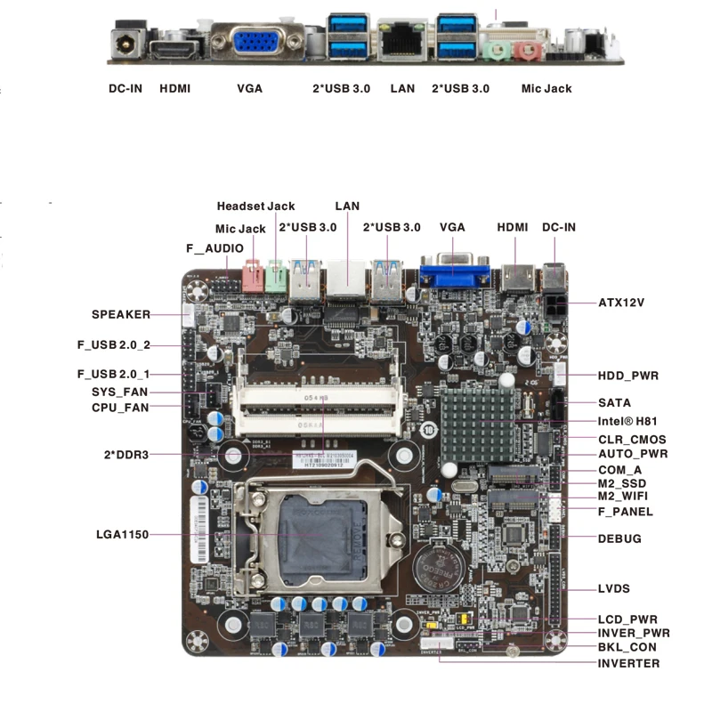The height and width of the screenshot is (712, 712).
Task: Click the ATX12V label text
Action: (621, 303)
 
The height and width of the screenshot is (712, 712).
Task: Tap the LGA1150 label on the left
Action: (122, 535)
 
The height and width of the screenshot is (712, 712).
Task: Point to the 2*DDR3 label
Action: (125, 455)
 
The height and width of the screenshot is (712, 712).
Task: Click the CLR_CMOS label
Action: (632, 439)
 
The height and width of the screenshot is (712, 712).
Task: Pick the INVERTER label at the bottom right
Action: (629, 663)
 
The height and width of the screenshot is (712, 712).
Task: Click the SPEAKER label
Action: (121, 314)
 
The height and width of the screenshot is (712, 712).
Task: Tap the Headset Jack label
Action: (256, 206)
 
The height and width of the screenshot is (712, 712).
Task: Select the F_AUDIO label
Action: (214, 248)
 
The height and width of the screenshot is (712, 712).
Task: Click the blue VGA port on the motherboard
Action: (452, 272)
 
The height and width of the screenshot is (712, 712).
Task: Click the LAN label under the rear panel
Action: (402, 89)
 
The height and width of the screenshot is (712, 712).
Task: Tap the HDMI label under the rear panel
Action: (174, 89)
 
